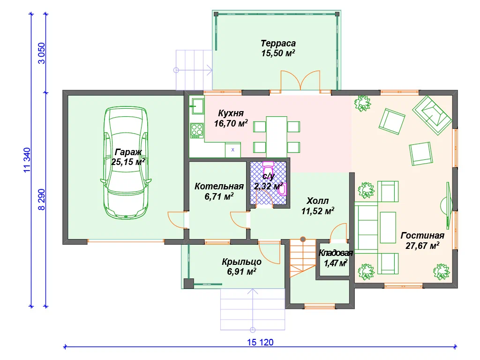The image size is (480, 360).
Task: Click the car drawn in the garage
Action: click(x=126, y=163)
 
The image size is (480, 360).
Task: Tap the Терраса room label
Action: click(x=278, y=44)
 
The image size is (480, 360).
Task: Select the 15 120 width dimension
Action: click(x=260, y=342)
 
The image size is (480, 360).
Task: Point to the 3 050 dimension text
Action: click(x=41, y=53)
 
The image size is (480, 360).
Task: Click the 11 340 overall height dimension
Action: click(x=27, y=160)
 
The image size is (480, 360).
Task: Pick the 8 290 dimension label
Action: click(x=41, y=200)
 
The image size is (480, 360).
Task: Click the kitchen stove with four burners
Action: click(x=197, y=130)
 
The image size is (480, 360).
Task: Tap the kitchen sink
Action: click(x=197, y=106)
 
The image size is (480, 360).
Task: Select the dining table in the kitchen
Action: click(x=277, y=136)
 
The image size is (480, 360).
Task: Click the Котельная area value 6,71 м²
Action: click(x=219, y=196)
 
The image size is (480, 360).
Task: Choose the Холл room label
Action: click(x=317, y=201)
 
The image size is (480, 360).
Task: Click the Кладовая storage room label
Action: click(x=336, y=253)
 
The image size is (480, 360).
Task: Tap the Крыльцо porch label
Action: click(x=241, y=262)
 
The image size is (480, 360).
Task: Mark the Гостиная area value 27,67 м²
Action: click(x=422, y=246)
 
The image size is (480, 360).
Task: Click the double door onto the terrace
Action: click(x=300, y=80)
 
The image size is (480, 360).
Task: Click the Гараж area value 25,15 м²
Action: click(x=128, y=162)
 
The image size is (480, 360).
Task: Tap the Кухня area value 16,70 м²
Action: click(x=231, y=123)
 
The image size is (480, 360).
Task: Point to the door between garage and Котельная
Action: click(x=178, y=219)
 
